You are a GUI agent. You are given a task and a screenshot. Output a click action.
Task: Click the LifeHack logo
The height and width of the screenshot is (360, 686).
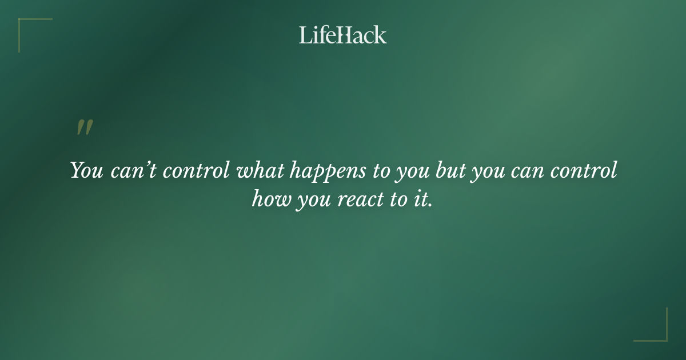pyautogui.click(x=343, y=35)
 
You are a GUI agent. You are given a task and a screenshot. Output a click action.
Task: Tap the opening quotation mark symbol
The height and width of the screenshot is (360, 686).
pyautogui.click(x=84, y=128)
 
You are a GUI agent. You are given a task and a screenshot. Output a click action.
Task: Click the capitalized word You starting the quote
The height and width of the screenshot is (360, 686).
pyautogui.click(x=86, y=171)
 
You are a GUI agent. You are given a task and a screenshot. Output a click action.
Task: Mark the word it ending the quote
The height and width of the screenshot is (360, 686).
pyautogui.click(x=422, y=199)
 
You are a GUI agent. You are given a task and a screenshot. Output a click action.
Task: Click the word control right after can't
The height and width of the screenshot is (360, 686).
pyautogui.click(x=197, y=171)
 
